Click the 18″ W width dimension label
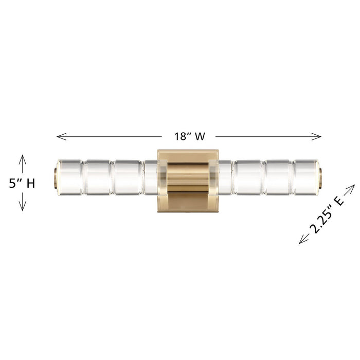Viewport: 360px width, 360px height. click(x=189, y=136)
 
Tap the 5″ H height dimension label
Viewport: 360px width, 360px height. click(x=22, y=184)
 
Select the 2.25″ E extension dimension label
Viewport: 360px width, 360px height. click(x=327, y=214)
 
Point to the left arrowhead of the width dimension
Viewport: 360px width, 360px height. click(x=61, y=137)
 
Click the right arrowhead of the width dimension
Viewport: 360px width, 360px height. click(x=316, y=137)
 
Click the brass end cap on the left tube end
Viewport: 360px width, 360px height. click(x=55, y=178)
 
